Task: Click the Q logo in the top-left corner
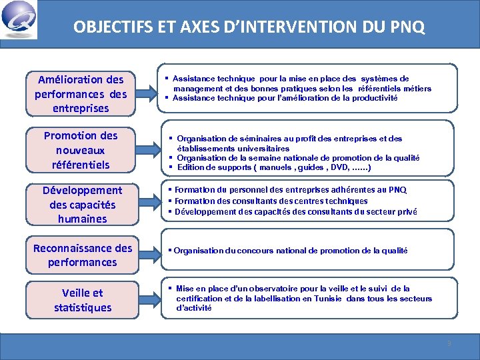(19, 19)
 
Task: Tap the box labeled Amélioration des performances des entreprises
(81, 94)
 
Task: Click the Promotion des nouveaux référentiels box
(81, 150)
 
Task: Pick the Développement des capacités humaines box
(81, 205)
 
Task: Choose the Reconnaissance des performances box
(81, 255)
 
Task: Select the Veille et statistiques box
(81, 300)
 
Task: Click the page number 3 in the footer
(449, 343)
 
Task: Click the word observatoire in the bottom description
(259, 289)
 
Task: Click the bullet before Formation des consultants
(170, 201)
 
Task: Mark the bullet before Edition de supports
(171, 167)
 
